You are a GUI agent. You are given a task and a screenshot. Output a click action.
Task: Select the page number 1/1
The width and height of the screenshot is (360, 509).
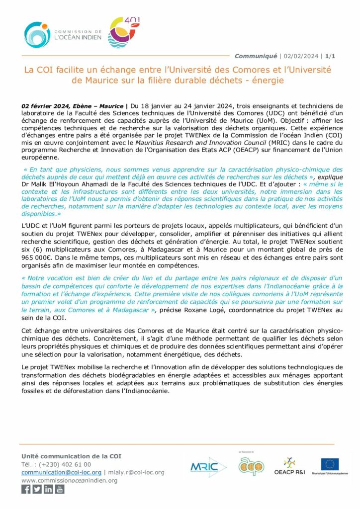click(x=330, y=56)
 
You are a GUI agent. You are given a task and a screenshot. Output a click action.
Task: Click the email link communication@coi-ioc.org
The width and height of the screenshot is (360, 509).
click(x=61, y=472)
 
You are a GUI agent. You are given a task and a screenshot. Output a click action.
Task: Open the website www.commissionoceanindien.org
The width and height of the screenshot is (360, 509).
click(x=70, y=481)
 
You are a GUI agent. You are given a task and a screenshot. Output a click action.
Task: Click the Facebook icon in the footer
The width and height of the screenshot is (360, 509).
click(x=26, y=489)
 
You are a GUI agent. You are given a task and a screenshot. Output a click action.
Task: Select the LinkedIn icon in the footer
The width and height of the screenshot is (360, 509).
click(x=48, y=489)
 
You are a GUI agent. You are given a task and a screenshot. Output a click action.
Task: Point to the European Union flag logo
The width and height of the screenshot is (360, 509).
click(x=329, y=464)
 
